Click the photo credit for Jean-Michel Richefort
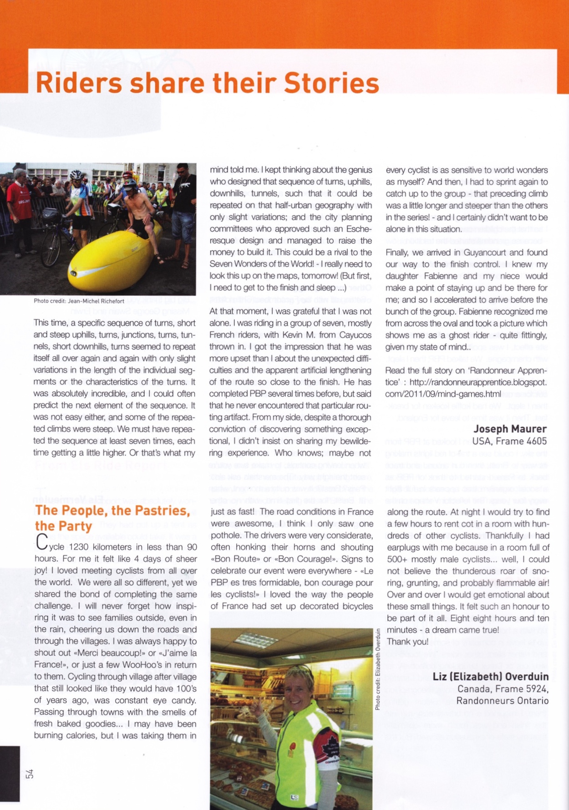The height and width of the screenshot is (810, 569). pos(79,301)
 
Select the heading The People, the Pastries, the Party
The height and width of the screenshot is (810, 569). pos(112,518)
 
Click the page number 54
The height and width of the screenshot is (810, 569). pos(29,773)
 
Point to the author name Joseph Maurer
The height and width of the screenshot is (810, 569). pos(510,429)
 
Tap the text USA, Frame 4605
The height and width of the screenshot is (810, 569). pos(509,441)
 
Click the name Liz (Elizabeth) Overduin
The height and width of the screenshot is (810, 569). pos(490,676)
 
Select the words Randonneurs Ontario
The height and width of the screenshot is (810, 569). pos(502,701)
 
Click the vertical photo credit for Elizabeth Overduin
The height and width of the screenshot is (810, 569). pos(378,668)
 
